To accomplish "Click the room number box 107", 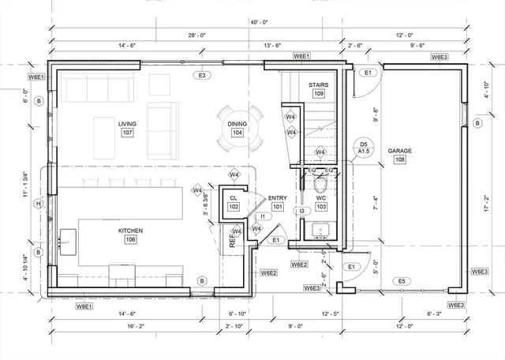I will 127,133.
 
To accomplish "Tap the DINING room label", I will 237,124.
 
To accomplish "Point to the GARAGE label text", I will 400,150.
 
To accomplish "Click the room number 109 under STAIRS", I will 318,94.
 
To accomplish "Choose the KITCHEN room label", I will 131,231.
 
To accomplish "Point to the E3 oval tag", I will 202,75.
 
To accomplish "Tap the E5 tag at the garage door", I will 402,281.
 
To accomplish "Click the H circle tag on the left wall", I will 38,204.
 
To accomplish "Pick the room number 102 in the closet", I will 234,207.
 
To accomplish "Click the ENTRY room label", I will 278,198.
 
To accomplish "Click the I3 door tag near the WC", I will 301,211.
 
